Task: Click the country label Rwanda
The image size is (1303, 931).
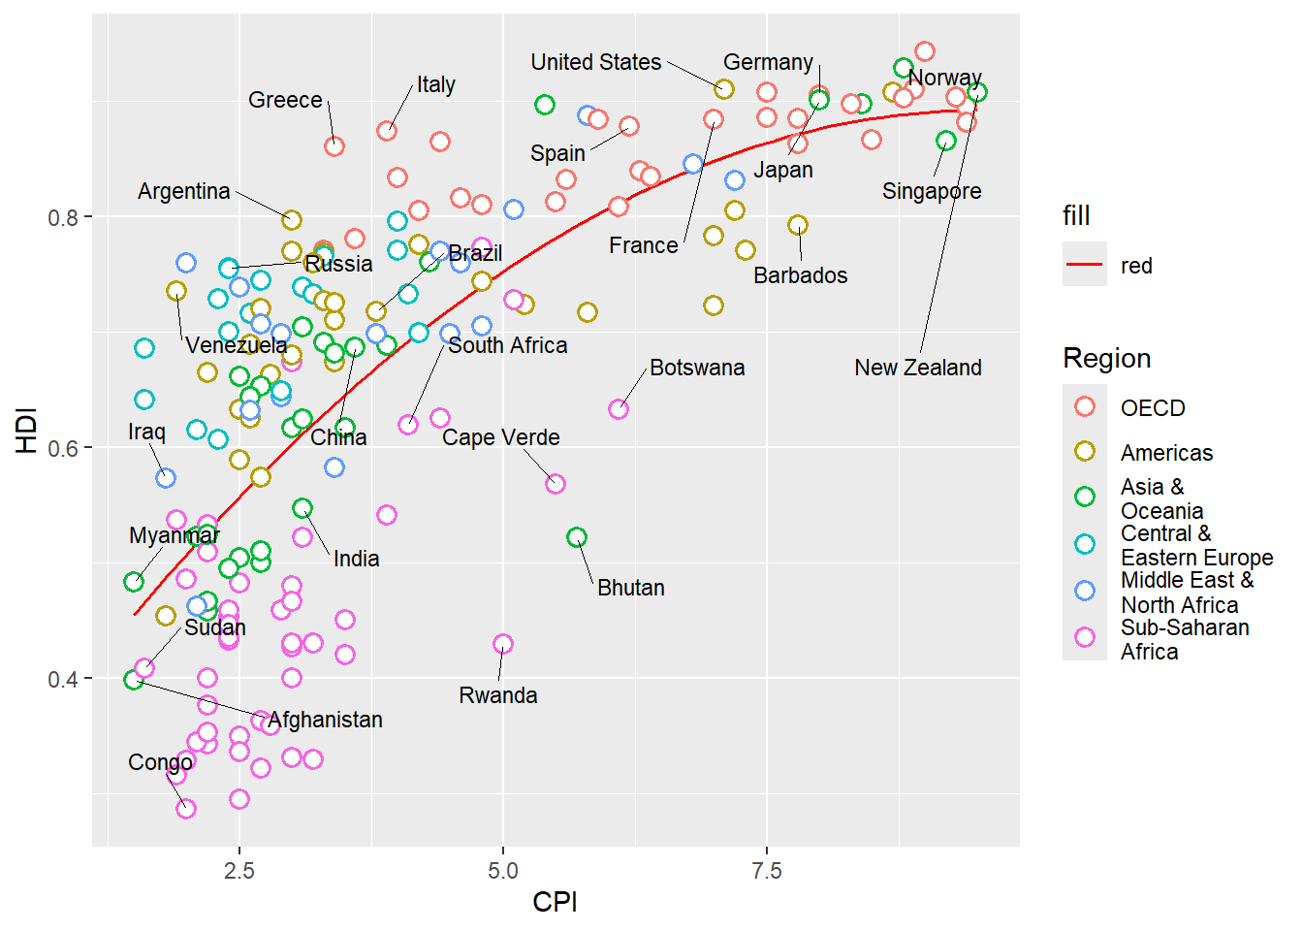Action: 497,695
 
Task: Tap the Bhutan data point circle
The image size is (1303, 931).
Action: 577,537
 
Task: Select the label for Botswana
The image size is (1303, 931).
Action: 697,368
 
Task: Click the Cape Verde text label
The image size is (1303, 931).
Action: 500,437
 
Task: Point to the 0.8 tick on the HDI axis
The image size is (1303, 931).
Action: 64,217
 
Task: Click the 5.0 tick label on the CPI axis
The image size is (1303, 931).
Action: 502,871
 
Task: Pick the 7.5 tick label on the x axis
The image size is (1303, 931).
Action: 766,871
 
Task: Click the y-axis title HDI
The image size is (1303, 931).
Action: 27,430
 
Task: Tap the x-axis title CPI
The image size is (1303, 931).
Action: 555,902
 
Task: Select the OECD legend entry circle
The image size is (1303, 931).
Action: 1085,407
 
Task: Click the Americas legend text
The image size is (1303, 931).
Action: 1166,453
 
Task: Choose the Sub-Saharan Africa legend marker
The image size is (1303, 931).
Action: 1085,637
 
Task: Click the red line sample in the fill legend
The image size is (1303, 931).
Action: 1085,265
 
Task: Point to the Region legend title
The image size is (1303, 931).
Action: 1106,359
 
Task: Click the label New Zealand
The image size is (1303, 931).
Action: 917,368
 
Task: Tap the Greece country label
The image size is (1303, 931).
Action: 285,100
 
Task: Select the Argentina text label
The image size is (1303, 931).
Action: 184,191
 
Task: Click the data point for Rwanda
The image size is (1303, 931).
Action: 502,644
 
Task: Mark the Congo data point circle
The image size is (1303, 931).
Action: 186,809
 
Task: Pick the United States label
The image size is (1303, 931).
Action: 595,62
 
